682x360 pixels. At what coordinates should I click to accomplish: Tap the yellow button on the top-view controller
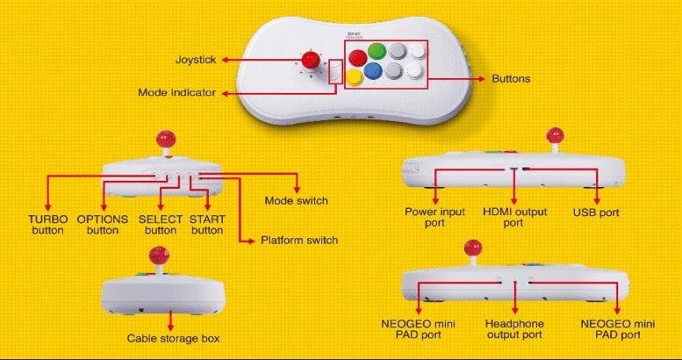coord(355,77)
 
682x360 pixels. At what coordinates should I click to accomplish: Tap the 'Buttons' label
coord(511,78)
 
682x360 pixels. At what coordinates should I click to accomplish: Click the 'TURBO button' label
coord(47,224)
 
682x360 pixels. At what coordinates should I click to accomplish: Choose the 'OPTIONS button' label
coord(103,224)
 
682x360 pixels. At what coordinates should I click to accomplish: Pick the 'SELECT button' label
coord(160,224)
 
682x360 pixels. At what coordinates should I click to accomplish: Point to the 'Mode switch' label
coord(296,201)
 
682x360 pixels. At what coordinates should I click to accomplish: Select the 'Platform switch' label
coord(299,240)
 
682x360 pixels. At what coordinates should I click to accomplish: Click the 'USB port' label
coord(597,212)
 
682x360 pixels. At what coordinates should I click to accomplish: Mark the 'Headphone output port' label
coord(514,329)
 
